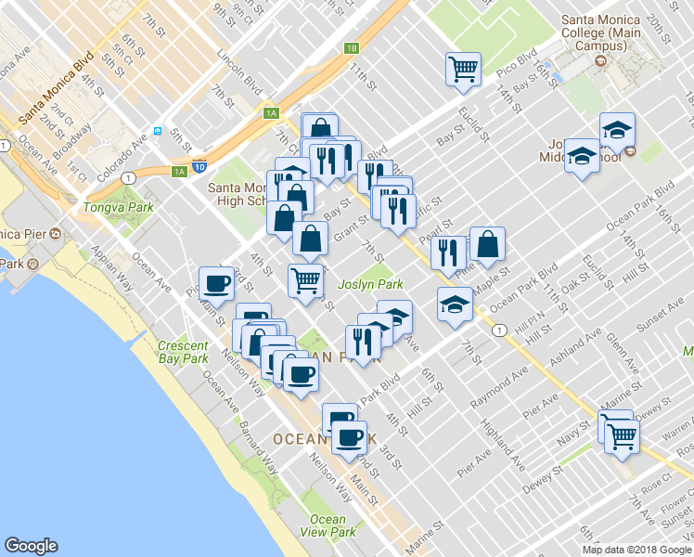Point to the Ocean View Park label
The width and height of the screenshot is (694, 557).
tap(328, 525)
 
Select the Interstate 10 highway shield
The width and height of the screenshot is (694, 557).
tap(199, 168)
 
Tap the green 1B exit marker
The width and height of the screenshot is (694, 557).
tap(350, 48)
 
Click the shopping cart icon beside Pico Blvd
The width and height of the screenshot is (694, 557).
tap(462, 68)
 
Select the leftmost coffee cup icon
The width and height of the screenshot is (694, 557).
tap(217, 281)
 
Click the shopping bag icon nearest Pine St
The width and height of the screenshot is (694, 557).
tap(487, 244)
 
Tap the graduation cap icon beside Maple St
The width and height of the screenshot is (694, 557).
tap(454, 305)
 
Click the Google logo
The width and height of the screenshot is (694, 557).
tap(32, 546)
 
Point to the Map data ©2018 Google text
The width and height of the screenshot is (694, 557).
tap(637, 550)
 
